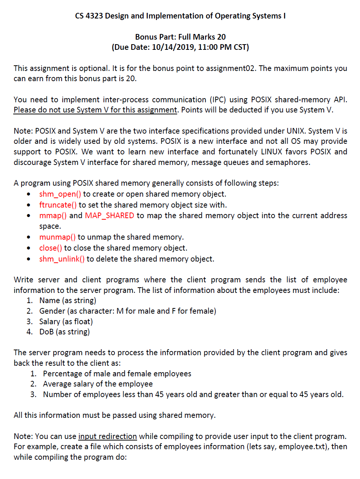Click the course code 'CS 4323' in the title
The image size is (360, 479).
click(x=89, y=16)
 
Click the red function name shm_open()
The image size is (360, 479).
click(x=60, y=194)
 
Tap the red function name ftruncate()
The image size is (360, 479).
click(x=58, y=205)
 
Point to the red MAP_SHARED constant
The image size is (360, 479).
click(x=110, y=216)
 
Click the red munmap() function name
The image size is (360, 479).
click(x=57, y=237)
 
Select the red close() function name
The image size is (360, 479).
click(x=51, y=248)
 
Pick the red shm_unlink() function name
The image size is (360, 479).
click(x=62, y=259)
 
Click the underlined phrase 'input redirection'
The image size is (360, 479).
click(x=107, y=436)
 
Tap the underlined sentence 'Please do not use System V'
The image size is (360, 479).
click(x=95, y=110)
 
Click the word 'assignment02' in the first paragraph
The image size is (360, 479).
click(x=231, y=68)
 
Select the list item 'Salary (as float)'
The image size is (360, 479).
click(x=66, y=322)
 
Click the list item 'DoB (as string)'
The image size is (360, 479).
click(x=65, y=332)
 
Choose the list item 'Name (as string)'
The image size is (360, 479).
click(x=68, y=300)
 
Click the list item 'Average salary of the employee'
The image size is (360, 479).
click(x=98, y=384)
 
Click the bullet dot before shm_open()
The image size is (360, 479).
click(x=29, y=194)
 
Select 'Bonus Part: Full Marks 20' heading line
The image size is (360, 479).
click(x=180, y=37)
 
